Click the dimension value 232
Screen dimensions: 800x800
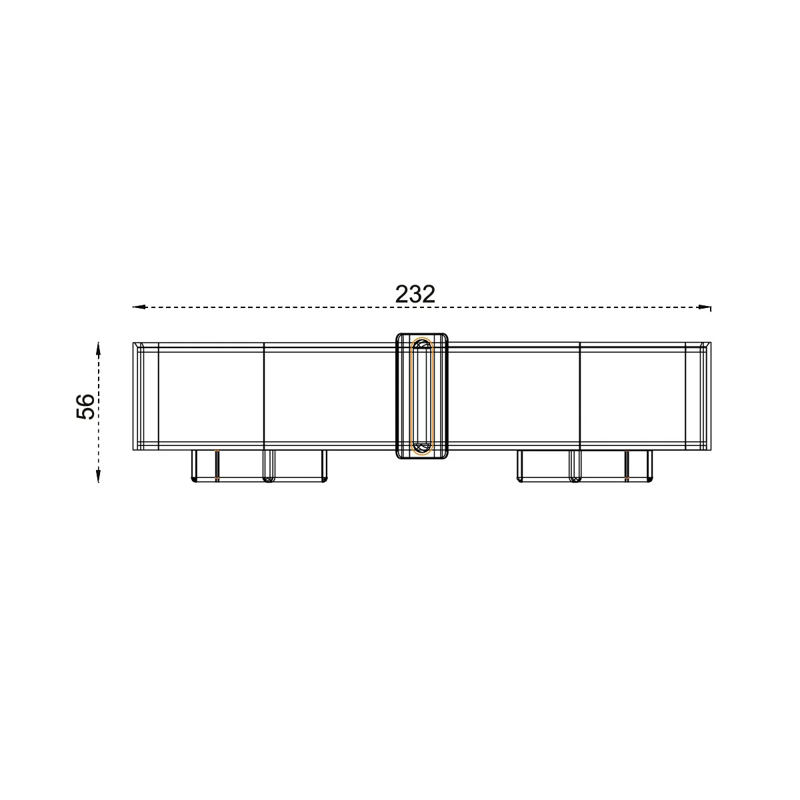tap(415, 294)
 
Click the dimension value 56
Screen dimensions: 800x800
tap(86, 406)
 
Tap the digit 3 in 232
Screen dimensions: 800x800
tap(415, 294)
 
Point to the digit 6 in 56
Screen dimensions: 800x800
tap(86, 399)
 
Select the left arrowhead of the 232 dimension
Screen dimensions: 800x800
tap(139, 307)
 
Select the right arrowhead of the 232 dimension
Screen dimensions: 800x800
tap(705, 307)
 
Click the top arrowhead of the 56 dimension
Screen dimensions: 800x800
tap(98, 349)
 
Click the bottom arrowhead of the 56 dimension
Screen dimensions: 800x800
tap(98, 475)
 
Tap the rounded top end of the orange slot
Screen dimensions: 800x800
tap(421, 339)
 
